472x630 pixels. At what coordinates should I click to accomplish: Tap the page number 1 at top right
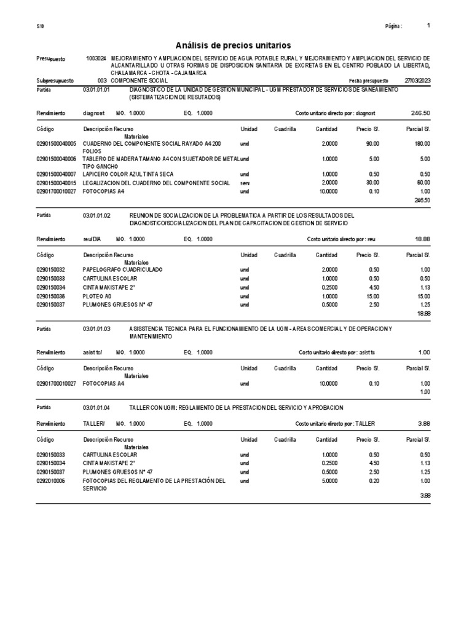[428, 26]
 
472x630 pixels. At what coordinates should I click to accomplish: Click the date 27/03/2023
[417, 81]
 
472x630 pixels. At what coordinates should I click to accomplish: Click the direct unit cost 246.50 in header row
[420, 114]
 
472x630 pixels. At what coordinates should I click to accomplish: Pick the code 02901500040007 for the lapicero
[56, 174]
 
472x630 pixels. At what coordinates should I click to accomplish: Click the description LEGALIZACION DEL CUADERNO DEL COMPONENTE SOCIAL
[156, 183]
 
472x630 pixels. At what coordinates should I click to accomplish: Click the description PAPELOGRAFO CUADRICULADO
[122, 269]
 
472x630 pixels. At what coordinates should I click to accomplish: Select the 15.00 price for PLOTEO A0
[372, 296]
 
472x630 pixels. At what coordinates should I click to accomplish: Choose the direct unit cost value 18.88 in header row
[423, 239]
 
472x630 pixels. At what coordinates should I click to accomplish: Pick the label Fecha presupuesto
[369, 81]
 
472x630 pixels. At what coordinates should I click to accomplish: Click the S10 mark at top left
[40, 26]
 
